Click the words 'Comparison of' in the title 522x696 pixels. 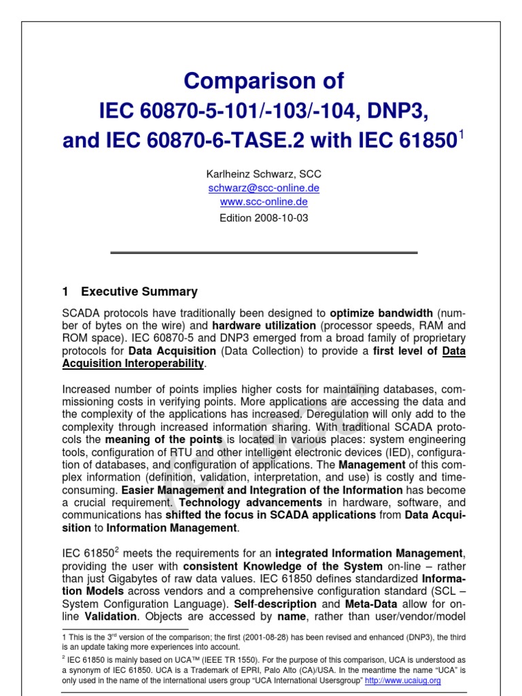[x=264, y=82]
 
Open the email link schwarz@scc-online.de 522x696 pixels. [x=264, y=188]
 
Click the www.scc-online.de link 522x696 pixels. [x=264, y=202]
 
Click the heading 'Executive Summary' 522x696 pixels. [x=139, y=292]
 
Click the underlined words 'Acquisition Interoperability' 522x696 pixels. [x=133, y=364]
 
